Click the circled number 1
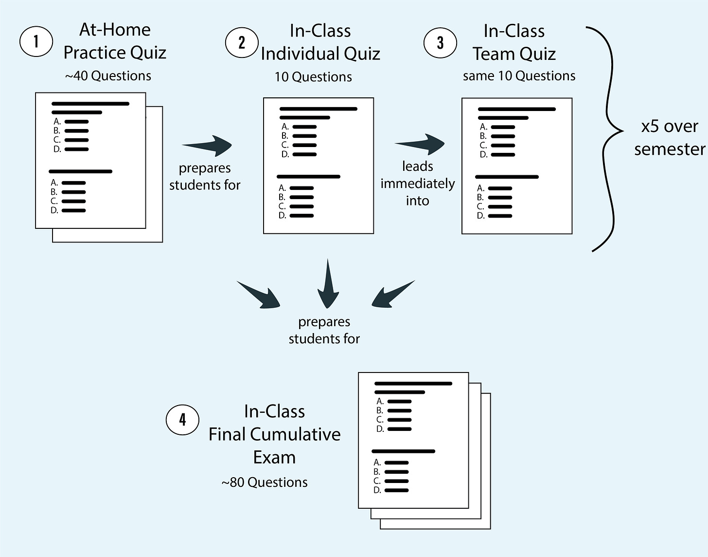pos(36,42)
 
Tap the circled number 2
pos(242,42)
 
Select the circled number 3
pos(440,42)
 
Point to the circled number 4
pos(182,419)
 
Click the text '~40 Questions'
pos(108,76)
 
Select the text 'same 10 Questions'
pos(519,76)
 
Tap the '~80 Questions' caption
pos(265,482)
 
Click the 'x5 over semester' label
pos(669,137)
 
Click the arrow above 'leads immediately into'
pos(420,143)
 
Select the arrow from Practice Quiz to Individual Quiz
pos(208,145)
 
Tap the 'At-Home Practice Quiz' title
pos(115,41)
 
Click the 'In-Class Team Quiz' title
pos(514,42)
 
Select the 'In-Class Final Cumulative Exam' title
pos(274,434)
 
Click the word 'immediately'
pos(417,184)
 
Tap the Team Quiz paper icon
pos(516,166)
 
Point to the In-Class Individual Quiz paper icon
pos(318,166)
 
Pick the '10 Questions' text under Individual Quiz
pos(313,77)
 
